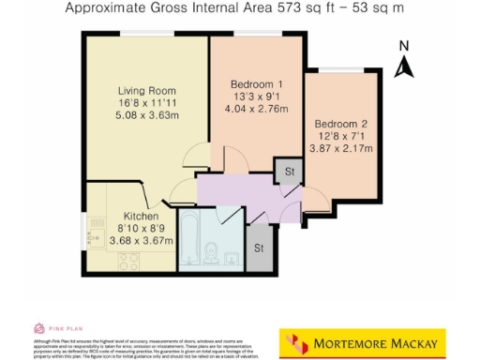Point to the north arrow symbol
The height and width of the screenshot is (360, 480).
click(404, 66)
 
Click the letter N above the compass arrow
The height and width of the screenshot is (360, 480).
click(404, 45)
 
